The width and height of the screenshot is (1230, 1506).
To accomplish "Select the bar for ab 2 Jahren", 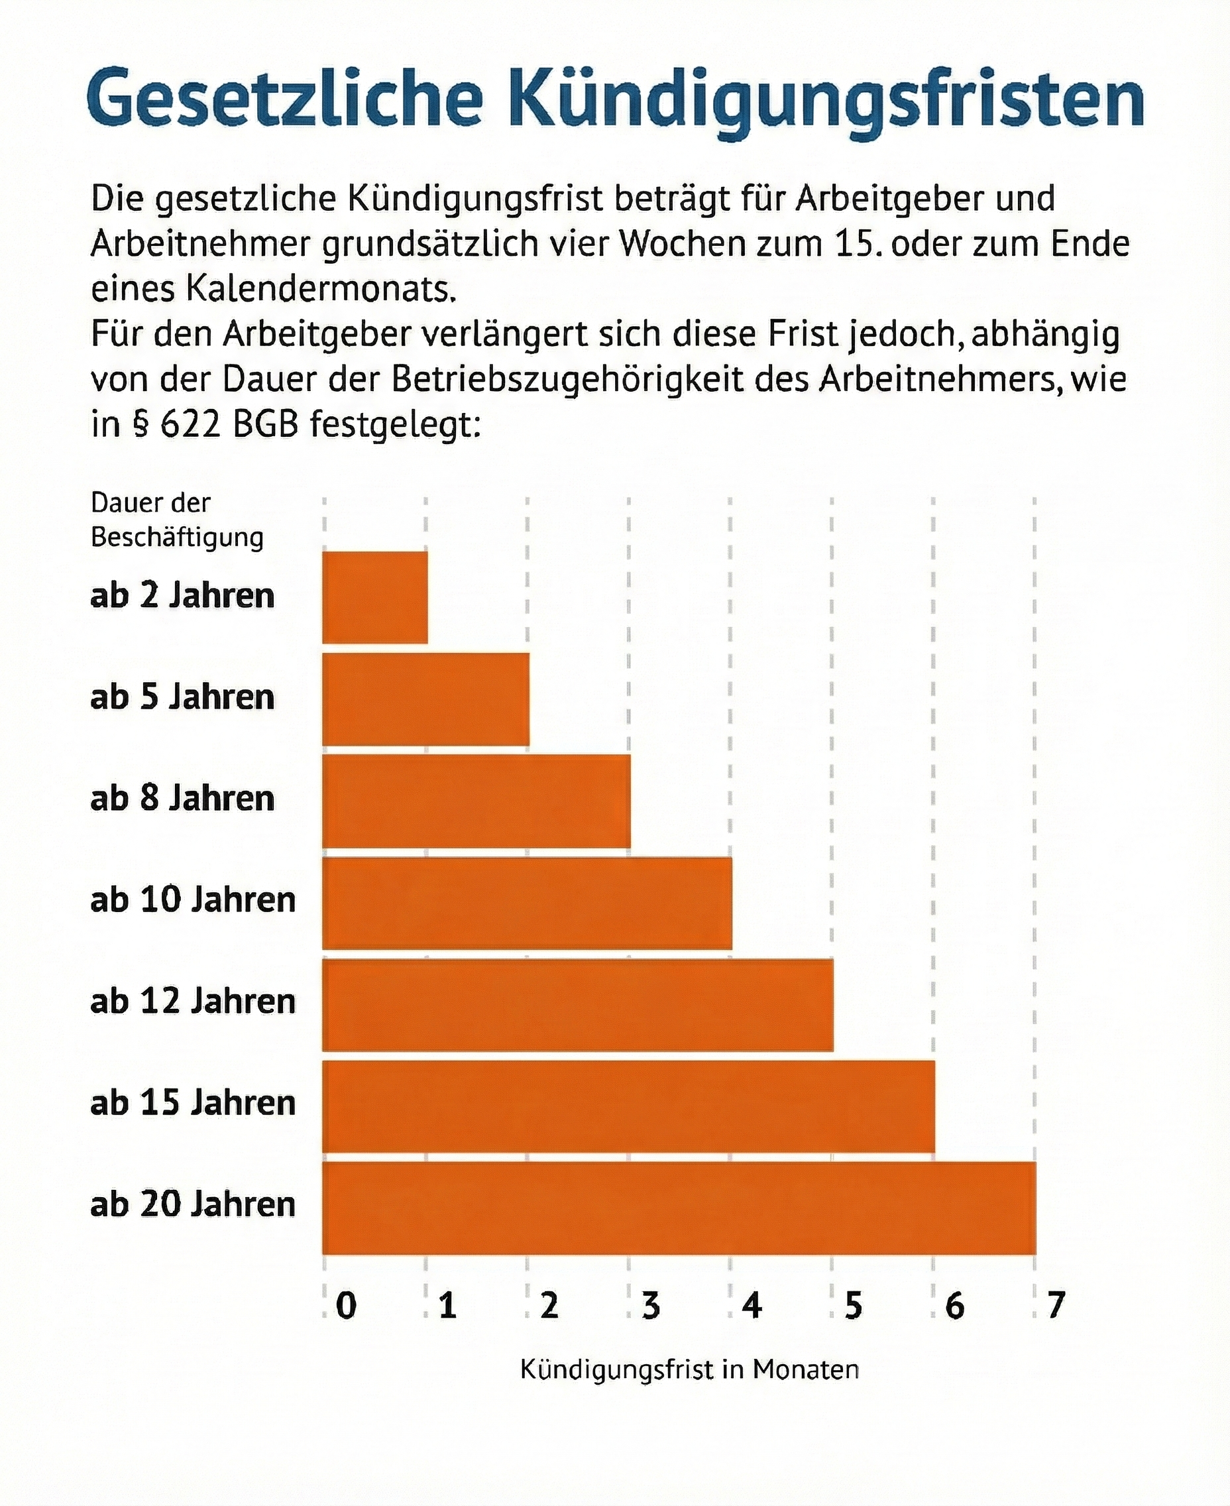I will coord(375,597).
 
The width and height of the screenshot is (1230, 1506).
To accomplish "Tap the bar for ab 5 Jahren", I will coord(426,699).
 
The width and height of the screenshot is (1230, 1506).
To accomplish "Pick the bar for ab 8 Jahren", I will coord(476,801).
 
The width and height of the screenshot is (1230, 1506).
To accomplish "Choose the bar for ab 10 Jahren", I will coord(527,903).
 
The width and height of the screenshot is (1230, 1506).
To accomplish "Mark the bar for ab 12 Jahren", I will coord(577,1004).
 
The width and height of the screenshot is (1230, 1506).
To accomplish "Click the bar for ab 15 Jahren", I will coord(628,1106).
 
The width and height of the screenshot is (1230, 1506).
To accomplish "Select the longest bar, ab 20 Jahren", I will coord(679,1208).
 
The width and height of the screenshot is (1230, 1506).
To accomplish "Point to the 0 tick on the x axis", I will coord(345,1305).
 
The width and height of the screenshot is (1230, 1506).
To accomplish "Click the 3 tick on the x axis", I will coord(650,1305).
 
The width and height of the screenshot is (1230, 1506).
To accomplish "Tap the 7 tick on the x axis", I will coord(1056,1305).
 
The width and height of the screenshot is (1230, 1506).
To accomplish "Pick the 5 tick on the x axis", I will coord(853,1305).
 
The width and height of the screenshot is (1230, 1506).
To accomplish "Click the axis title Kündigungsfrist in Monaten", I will coord(689,1369).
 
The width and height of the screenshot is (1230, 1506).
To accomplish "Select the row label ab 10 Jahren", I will coord(193,900).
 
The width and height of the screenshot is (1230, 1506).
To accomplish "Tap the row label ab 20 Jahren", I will coord(193,1205).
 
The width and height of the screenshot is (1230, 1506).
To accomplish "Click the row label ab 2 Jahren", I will coord(182,595).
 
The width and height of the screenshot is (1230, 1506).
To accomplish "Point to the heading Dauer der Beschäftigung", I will coord(176,520).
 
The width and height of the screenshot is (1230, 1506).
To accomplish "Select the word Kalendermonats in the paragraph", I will coord(319,289).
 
